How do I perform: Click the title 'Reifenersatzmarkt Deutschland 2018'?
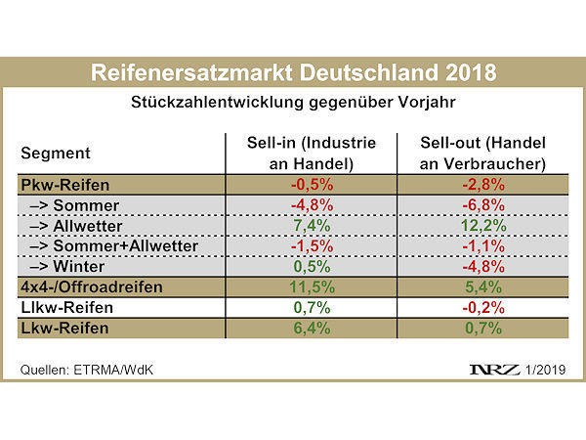pyautogui.click(x=293, y=74)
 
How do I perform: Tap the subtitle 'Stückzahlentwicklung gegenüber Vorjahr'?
pyautogui.click(x=293, y=101)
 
